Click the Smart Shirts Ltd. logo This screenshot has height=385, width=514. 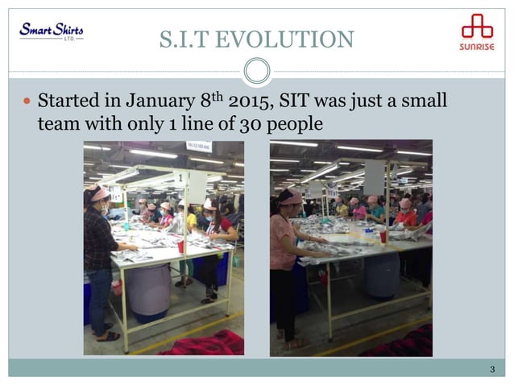point(51,31)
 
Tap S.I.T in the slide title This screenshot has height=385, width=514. point(188,39)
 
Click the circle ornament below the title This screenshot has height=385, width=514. point(257,71)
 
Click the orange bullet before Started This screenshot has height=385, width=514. point(27,103)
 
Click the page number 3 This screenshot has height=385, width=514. point(491,369)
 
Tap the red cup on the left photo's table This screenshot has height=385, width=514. point(180,245)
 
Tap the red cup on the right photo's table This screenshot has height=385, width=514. point(383,236)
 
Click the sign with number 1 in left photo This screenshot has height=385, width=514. point(182,177)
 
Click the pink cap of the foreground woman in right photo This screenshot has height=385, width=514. point(291,197)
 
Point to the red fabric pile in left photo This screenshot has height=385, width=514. point(201,345)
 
